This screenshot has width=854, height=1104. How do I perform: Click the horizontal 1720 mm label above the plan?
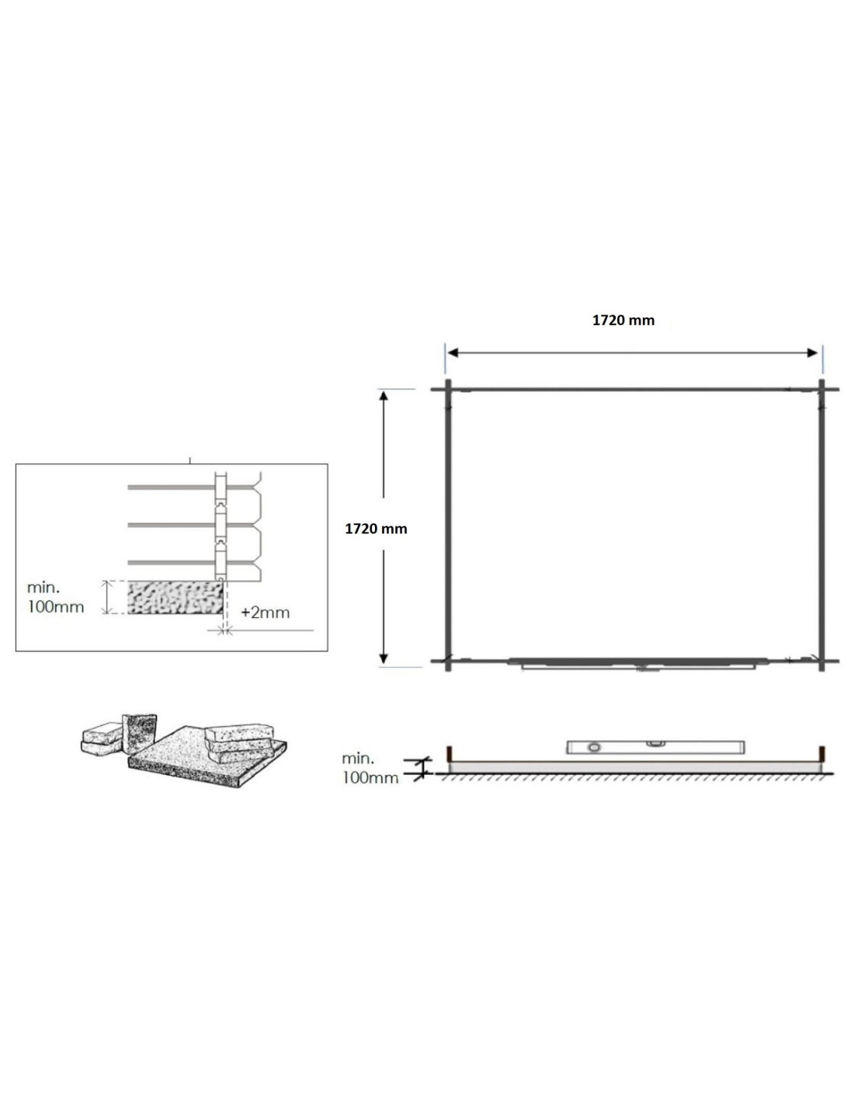pos(623,321)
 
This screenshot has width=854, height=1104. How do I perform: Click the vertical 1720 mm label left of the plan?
pos(376,529)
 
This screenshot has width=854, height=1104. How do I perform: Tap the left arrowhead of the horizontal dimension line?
pos(453,353)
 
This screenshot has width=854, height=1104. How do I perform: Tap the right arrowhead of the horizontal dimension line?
pos(812,353)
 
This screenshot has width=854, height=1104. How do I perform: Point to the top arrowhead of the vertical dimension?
pos(384,396)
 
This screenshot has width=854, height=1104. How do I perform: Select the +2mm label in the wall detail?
pos(266,613)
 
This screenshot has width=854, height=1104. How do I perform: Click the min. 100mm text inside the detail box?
pos(55,598)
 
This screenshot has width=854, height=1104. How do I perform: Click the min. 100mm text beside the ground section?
pos(370,769)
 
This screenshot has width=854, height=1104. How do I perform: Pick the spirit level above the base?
pos(654,747)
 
